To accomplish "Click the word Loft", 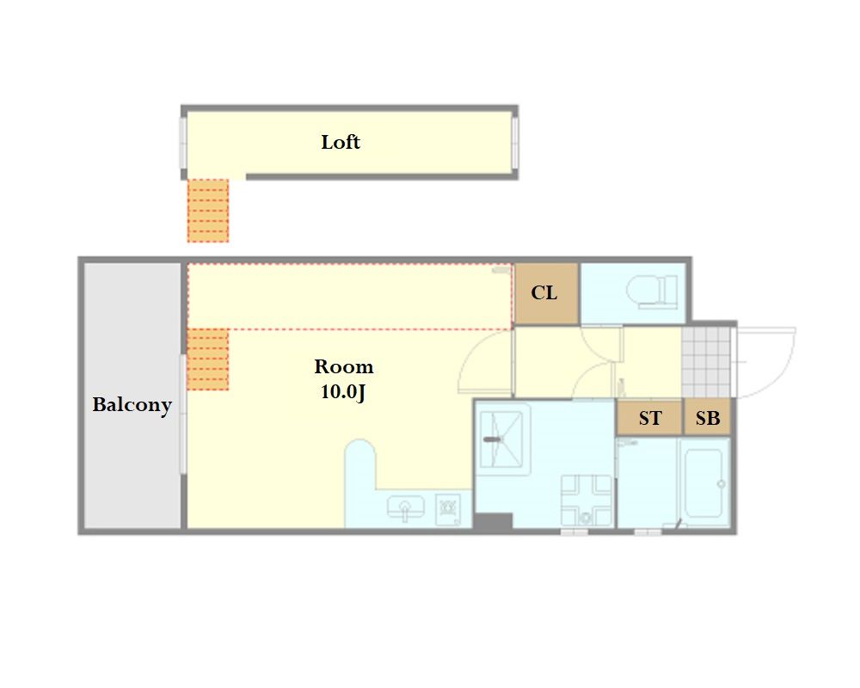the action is pyautogui.click(x=341, y=142).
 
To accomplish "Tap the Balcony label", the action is pyautogui.click(x=132, y=405).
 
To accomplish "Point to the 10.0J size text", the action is pyautogui.click(x=343, y=392).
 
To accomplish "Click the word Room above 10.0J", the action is pyautogui.click(x=344, y=366).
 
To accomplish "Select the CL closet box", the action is pyautogui.click(x=547, y=293).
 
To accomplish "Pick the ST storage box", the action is pyautogui.click(x=649, y=417).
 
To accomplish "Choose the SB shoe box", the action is pyautogui.click(x=708, y=417).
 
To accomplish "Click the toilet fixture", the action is pyautogui.click(x=652, y=291).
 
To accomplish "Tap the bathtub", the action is pyautogui.click(x=704, y=482).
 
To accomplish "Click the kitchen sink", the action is pyautogui.click(x=405, y=507).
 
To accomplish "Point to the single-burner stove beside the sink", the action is pyautogui.click(x=448, y=510).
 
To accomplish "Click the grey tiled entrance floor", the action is pyautogui.click(x=706, y=362).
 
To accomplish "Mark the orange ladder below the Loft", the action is pyautogui.click(x=208, y=211).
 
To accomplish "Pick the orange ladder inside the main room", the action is pyautogui.click(x=208, y=359).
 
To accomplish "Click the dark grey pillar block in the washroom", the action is pyautogui.click(x=493, y=521).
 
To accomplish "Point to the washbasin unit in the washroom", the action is pyautogui.click(x=586, y=501).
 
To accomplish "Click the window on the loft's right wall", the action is pyautogui.click(x=515, y=143).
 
